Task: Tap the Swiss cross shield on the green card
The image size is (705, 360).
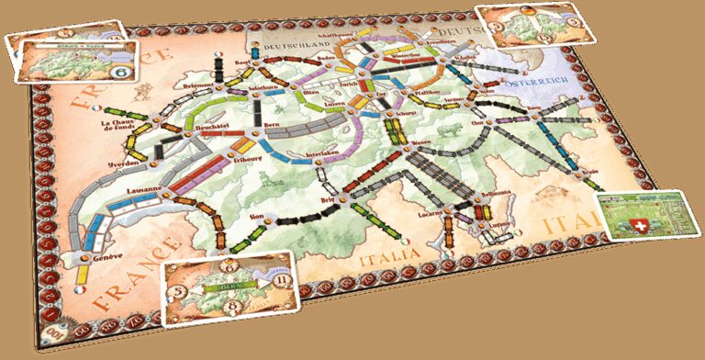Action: click(657, 226)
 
